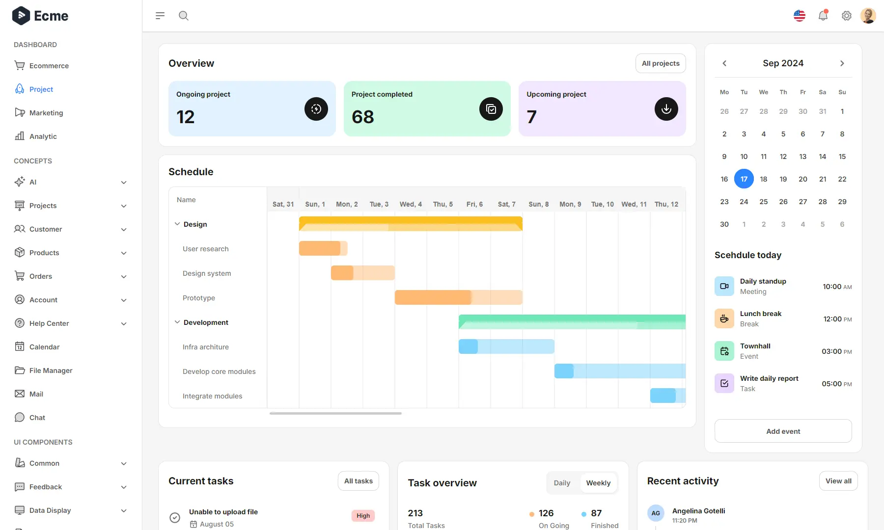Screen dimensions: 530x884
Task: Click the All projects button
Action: click(x=661, y=63)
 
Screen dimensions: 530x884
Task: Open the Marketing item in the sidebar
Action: click(x=46, y=113)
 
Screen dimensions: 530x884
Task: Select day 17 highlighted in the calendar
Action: click(x=744, y=179)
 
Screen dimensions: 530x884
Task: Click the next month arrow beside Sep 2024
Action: click(x=842, y=63)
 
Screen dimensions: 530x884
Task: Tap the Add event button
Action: click(x=783, y=431)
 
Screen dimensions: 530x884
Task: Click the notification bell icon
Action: click(x=823, y=16)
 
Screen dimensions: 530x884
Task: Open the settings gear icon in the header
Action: click(x=846, y=16)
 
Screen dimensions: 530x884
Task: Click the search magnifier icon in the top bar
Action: click(x=184, y=16)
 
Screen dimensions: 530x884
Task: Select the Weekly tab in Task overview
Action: click(x=598, y=483)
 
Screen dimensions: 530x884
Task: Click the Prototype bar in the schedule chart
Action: click(x=458, y=297)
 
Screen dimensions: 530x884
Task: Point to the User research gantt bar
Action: click(x=322, y=248)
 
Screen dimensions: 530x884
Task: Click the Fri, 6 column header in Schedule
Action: click(x=474, y=204)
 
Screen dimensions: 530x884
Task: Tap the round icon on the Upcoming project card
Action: click(x=666, y=109)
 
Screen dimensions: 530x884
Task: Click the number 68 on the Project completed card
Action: click(x=363, y=117)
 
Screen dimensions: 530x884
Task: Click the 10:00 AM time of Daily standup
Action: click(x=837, y=287)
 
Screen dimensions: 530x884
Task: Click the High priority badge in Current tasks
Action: click(x=363, y=516)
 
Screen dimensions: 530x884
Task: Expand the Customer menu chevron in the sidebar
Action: click(x=124, y=229)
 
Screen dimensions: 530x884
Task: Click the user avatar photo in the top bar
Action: click(x=868, y=16)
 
